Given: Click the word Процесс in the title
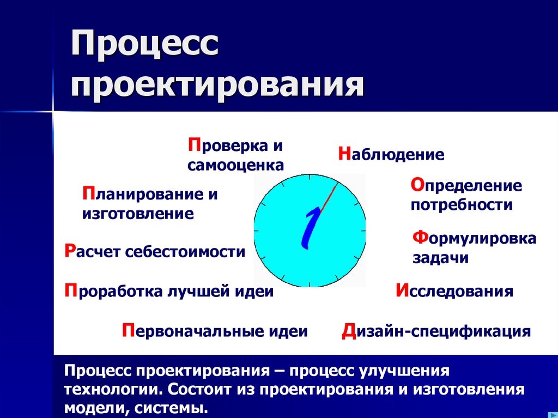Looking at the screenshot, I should tap(144, 47).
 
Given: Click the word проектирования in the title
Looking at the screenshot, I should tap(216, 85).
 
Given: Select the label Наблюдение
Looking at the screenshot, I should tap(391, 155).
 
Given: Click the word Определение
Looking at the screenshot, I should tap(466, 186).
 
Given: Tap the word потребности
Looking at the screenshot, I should tap(462, 205).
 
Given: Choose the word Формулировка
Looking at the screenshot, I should tap(474, 239).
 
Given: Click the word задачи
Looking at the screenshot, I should tap(440, 258).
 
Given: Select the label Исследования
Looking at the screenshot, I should tap(454, 291).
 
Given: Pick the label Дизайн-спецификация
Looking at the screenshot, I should tap(436, 331).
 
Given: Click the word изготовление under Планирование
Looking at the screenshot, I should tap(138, 214).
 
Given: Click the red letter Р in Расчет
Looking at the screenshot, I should tap(69, 251).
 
